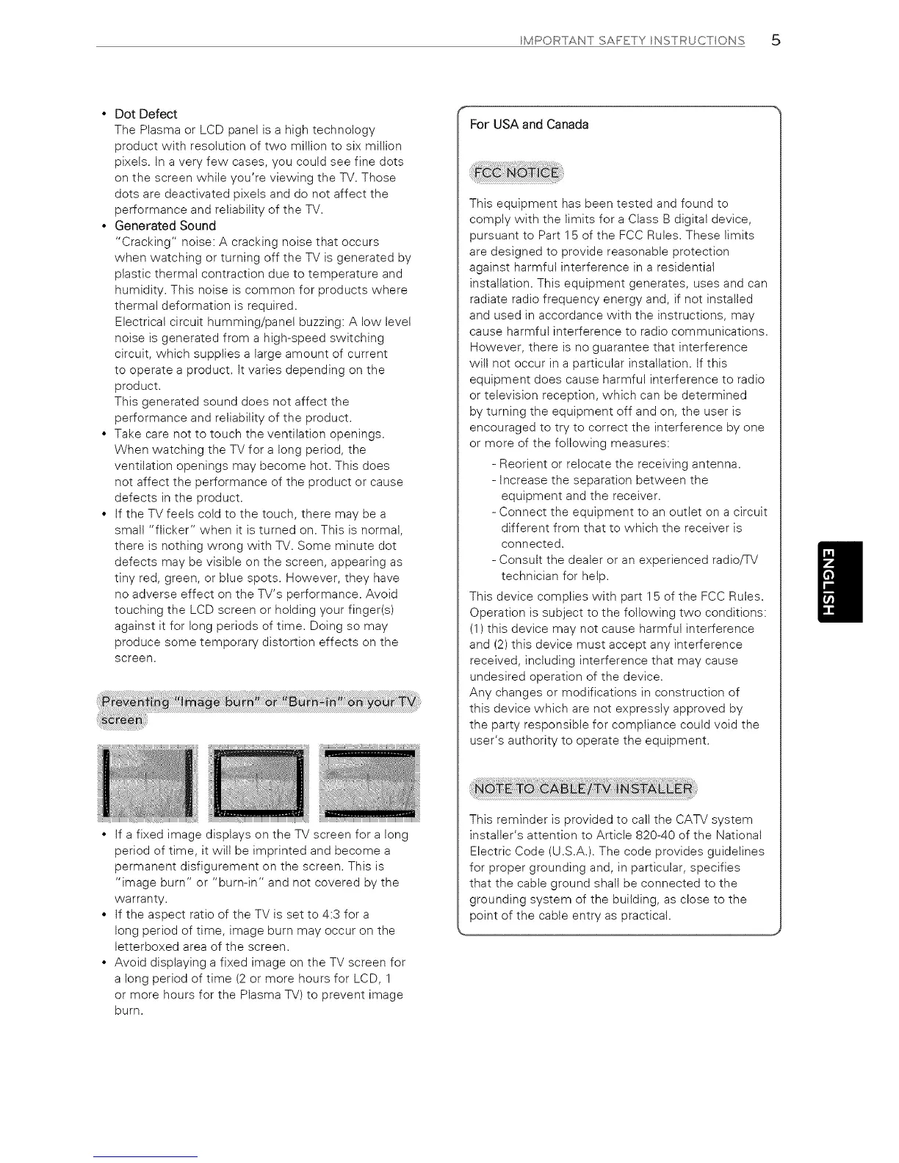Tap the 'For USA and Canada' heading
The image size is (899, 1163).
(x=529, y=124)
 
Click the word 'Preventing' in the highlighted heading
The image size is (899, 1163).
(x=131, y=701)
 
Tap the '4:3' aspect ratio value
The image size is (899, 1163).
(x=331, y=914)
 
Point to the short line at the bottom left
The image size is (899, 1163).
(x=145, y=1156)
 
